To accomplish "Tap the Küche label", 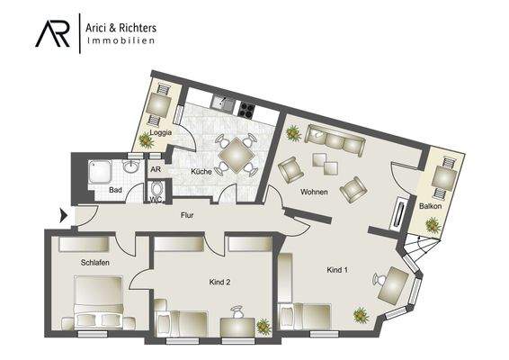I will tap(201, 171).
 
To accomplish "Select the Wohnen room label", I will tap(314, 193).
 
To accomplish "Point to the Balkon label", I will tap(431, 207).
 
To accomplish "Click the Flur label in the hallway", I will tap(187, 215).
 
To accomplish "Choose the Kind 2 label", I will tap(220, 282).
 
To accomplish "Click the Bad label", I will tap(115, 191).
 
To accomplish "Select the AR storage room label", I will tap(155, 169).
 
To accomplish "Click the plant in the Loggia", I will tap(146, 140).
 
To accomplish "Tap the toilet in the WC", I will tap(157, 190).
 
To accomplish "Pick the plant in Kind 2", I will tap(263, 327).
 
